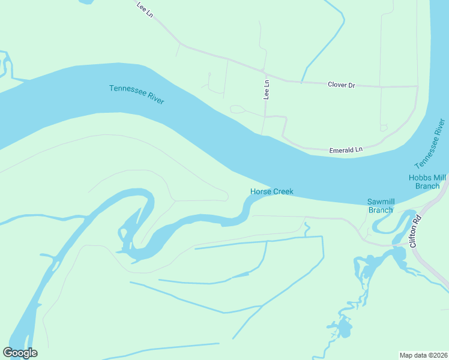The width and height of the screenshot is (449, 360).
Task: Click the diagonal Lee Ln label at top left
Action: pos(145,10)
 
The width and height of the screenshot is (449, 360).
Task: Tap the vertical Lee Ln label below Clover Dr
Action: pos(267,90)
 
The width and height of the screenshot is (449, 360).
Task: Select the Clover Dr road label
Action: pos(342,85)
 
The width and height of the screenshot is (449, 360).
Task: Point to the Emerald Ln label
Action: pos(346,150)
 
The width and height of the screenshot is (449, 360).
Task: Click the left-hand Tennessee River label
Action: pos(137,94)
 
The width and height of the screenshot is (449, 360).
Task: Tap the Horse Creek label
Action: pos(271,191)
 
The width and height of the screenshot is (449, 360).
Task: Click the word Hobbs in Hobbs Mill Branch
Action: pos(420,178)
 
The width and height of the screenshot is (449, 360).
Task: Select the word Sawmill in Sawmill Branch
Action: pos(380,202)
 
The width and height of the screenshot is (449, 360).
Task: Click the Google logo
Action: pos(20,353)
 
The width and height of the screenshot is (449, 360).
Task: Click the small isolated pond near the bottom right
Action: pos(344,328)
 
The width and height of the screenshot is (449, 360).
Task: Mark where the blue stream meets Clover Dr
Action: pos(302,81)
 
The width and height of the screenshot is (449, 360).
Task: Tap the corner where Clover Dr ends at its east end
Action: pos(417,86)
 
